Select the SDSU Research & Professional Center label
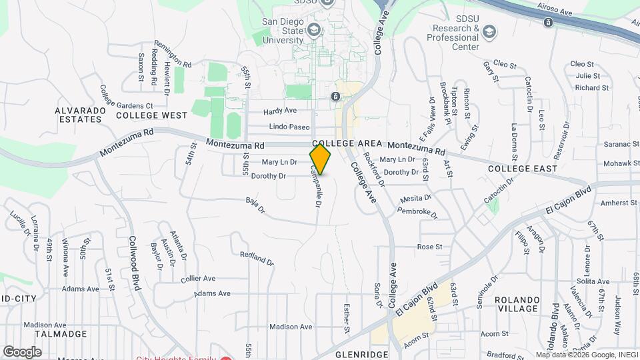[453, 37]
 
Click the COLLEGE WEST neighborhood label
[152, 115]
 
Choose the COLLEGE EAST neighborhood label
[523, 169]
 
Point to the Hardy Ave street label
[280, 111]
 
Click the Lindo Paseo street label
[289, 127]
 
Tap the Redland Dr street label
[257, 258]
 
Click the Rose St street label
[429, 247]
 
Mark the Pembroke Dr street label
[418, 212]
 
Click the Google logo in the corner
[22, 351]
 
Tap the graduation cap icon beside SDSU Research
[490, 32]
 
